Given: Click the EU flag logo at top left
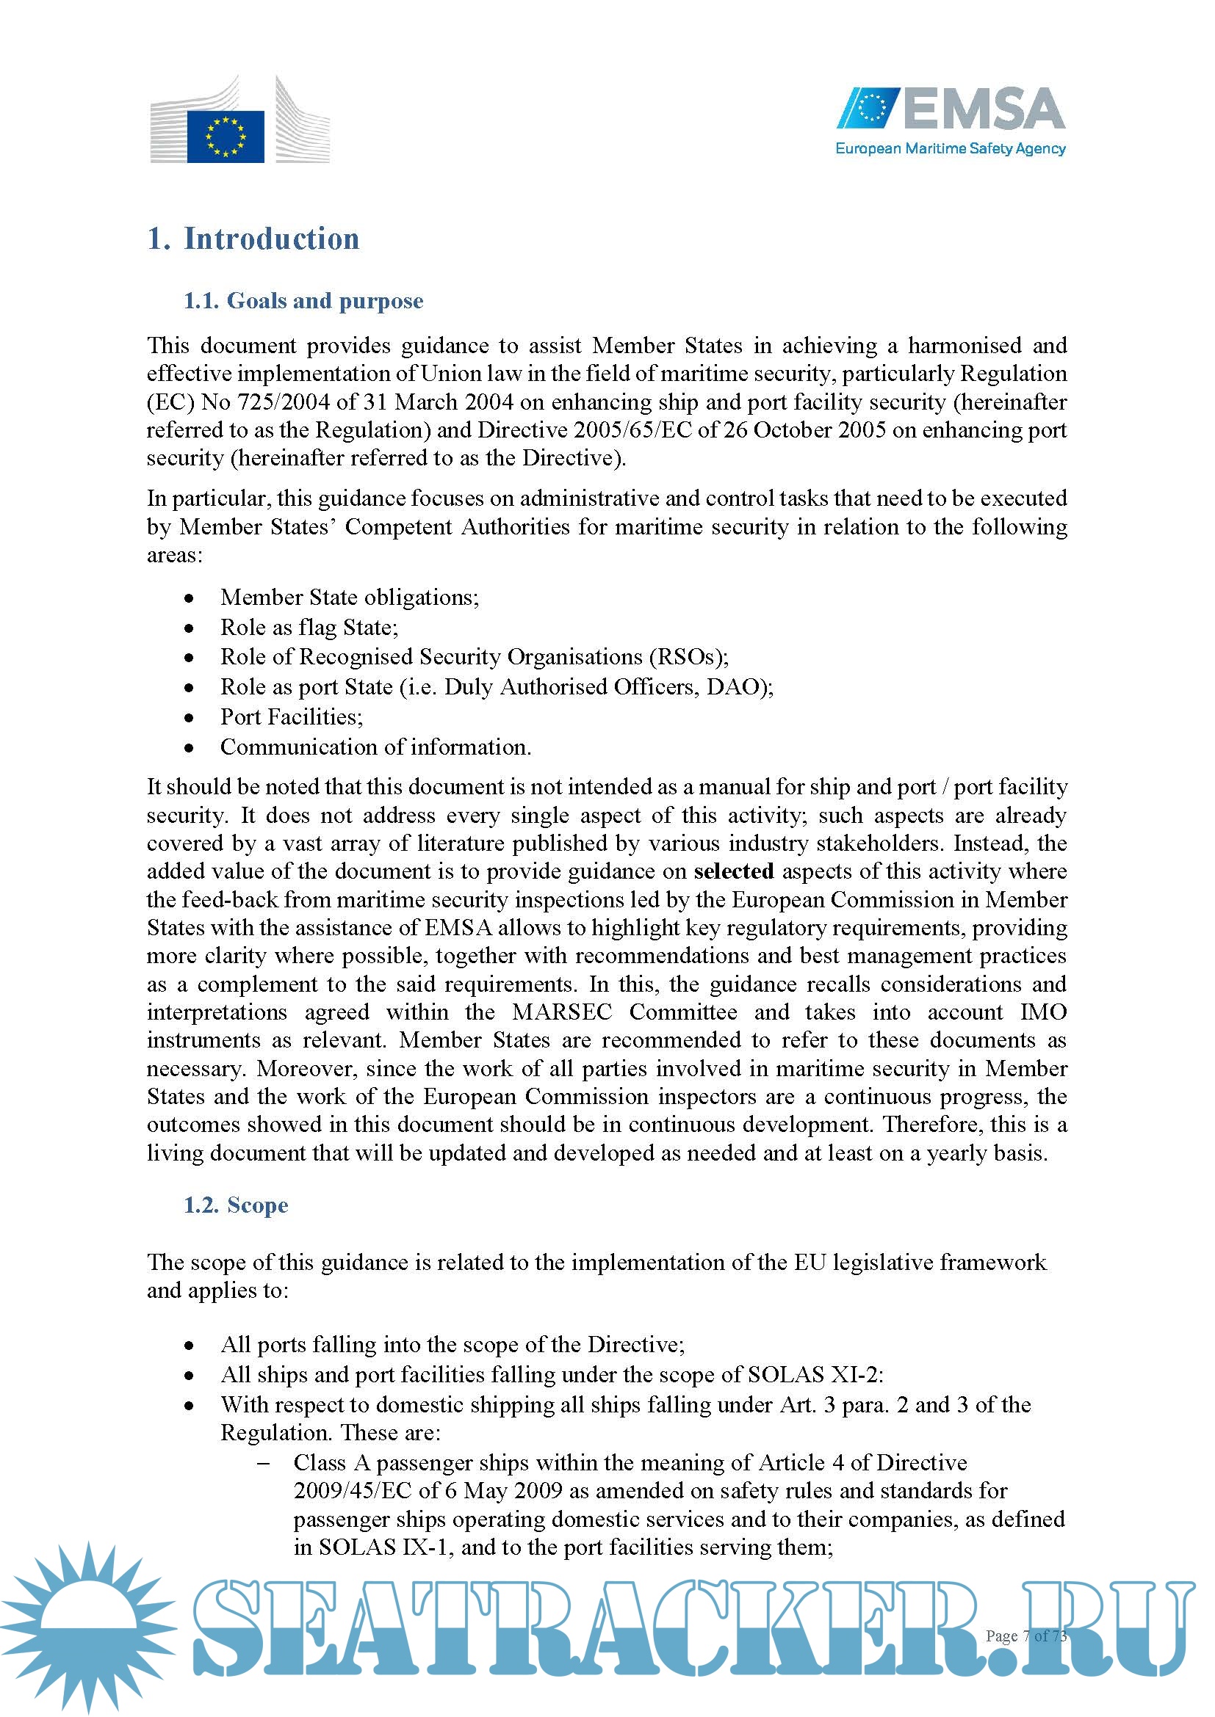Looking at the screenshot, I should click(x=226, y=136).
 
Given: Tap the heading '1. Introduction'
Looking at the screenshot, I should click(x=253, y=239).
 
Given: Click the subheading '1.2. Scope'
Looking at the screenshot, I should click(x=236, y=1205).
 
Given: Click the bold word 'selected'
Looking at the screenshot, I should click(x=733, y=871).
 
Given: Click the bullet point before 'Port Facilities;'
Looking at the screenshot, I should click(x=190, y=718).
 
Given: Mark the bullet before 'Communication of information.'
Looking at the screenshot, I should click(x=190, y=748).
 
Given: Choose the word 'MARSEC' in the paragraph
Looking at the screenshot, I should click(x=562, y=1012).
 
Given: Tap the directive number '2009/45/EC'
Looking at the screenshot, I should click(x=353, y=1490).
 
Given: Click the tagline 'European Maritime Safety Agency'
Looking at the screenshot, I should click(x=950, y=149).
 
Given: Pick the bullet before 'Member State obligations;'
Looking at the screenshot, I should click(x=190, y=598).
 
